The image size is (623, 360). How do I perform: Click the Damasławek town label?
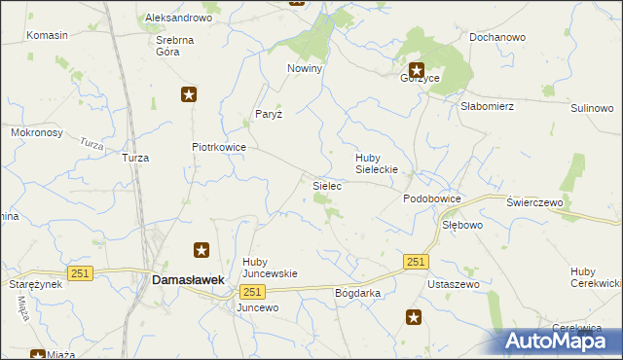click(189, 279)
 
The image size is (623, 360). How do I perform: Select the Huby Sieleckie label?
click(380, 162)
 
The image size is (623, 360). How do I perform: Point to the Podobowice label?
click(431, 198)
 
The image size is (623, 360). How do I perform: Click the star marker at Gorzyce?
click(417, 69)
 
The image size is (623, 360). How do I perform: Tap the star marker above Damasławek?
click(202, 250)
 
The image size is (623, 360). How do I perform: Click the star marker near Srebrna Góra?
click(189, 94)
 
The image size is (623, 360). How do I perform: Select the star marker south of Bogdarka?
click(414, 316)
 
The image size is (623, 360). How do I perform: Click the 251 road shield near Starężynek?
click(80, 273)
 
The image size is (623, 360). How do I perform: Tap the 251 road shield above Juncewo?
click(252, 292)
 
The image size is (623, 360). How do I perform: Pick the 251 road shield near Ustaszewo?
click(417, 262)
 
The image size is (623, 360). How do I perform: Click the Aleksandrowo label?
click(178, 18)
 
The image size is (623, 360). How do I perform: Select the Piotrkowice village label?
click(218, 148)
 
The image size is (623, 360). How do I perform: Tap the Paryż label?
click(268, 114)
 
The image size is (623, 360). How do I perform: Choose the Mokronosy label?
click(36, 131)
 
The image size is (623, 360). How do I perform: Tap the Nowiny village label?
click(304, 69)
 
